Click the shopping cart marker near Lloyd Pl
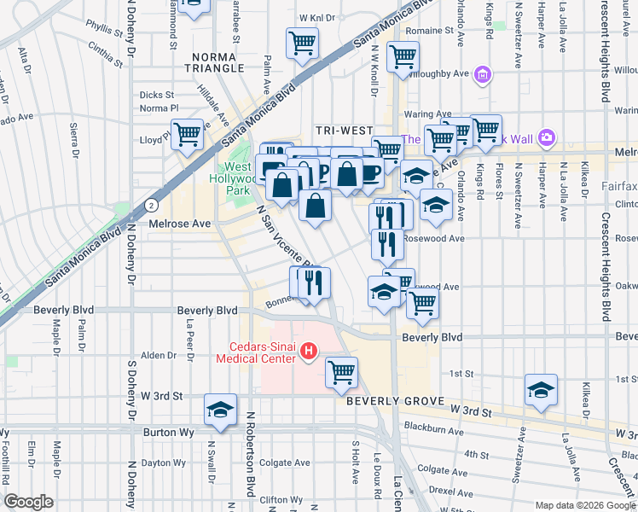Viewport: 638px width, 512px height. coord(187,134)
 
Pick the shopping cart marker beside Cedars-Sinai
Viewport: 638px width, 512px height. coord(341,370)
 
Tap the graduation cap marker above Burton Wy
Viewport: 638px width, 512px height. coord(220,410)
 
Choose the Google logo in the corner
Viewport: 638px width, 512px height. coord(28,502)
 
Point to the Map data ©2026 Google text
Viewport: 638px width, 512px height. coord(584,505)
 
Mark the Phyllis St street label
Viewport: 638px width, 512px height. coord(105,30)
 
